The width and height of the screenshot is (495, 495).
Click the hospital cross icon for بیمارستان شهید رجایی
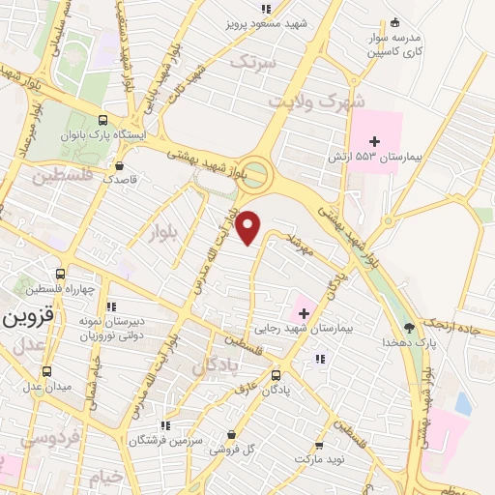click(x=305, y=312)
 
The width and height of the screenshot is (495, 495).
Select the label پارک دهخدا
click(x=403, y=342)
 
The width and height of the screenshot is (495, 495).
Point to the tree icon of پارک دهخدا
click(x=408, y=327)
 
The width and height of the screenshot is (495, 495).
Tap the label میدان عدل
click(x=35, y=388)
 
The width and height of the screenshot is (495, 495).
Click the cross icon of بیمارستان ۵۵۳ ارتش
click(x=375, y=141)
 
